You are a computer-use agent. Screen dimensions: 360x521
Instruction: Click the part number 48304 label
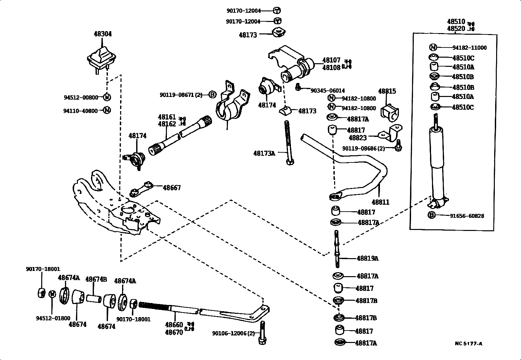point(102,34)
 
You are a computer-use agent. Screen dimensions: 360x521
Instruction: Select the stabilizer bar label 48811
point(380,202)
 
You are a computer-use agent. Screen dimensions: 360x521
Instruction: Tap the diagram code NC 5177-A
point(468,344)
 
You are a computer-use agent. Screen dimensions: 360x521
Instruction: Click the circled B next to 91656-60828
point(432,216)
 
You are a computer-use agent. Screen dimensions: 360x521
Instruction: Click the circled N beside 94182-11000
point(433,47)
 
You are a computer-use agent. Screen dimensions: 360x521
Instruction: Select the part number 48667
point(171,188)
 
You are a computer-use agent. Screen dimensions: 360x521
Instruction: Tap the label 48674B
point(96,279)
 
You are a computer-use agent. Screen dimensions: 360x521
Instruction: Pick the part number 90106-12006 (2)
point(233,333)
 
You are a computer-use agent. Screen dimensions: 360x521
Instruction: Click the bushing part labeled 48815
point(389,112)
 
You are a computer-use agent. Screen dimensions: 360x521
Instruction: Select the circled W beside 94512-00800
point(107,97)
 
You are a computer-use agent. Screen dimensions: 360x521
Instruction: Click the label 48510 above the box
point(456,22)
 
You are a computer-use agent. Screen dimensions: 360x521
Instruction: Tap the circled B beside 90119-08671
point(212,95)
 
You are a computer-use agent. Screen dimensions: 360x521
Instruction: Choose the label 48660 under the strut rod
point(174,325)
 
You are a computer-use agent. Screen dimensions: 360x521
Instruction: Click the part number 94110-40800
point(81,111)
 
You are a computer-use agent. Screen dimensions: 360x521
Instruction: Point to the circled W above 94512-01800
point(52,294)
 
